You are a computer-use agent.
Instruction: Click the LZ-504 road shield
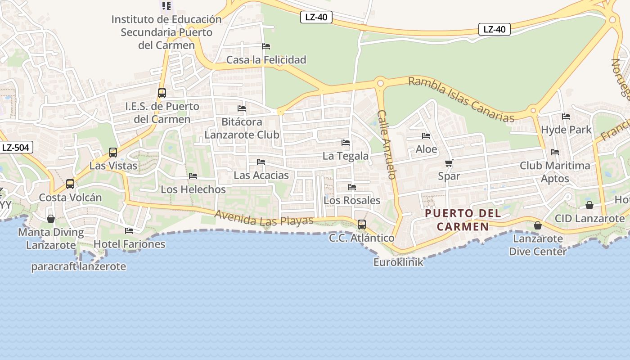click(16, 147)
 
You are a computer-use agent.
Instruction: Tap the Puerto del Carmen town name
click(463, 220)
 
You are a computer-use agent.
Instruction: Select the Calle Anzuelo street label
click(387, 144)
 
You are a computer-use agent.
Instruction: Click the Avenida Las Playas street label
click(264, 218)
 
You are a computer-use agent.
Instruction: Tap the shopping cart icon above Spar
click(449, 163)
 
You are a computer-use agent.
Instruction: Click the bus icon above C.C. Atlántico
click(361, 224)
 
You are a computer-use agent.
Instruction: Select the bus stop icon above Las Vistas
click(112, 153)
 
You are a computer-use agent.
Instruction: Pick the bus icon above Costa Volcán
click(70, 184)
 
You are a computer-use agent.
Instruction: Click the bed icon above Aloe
click(426, 136)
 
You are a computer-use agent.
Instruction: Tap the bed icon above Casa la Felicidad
click(266, 46)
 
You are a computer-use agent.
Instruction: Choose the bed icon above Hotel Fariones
click(129, 231)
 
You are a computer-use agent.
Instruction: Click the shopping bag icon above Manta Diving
click(51, 219)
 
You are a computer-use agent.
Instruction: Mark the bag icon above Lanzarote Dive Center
click(537, 225)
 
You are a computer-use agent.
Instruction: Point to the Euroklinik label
click(398, 262)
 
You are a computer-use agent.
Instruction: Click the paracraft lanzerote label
click(78, 266)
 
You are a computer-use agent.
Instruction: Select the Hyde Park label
click(566, 130)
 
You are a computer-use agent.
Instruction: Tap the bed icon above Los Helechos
click(193, 176)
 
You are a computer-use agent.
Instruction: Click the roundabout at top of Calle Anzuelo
click(380, 83)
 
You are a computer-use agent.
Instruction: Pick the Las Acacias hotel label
click(261, 175)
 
